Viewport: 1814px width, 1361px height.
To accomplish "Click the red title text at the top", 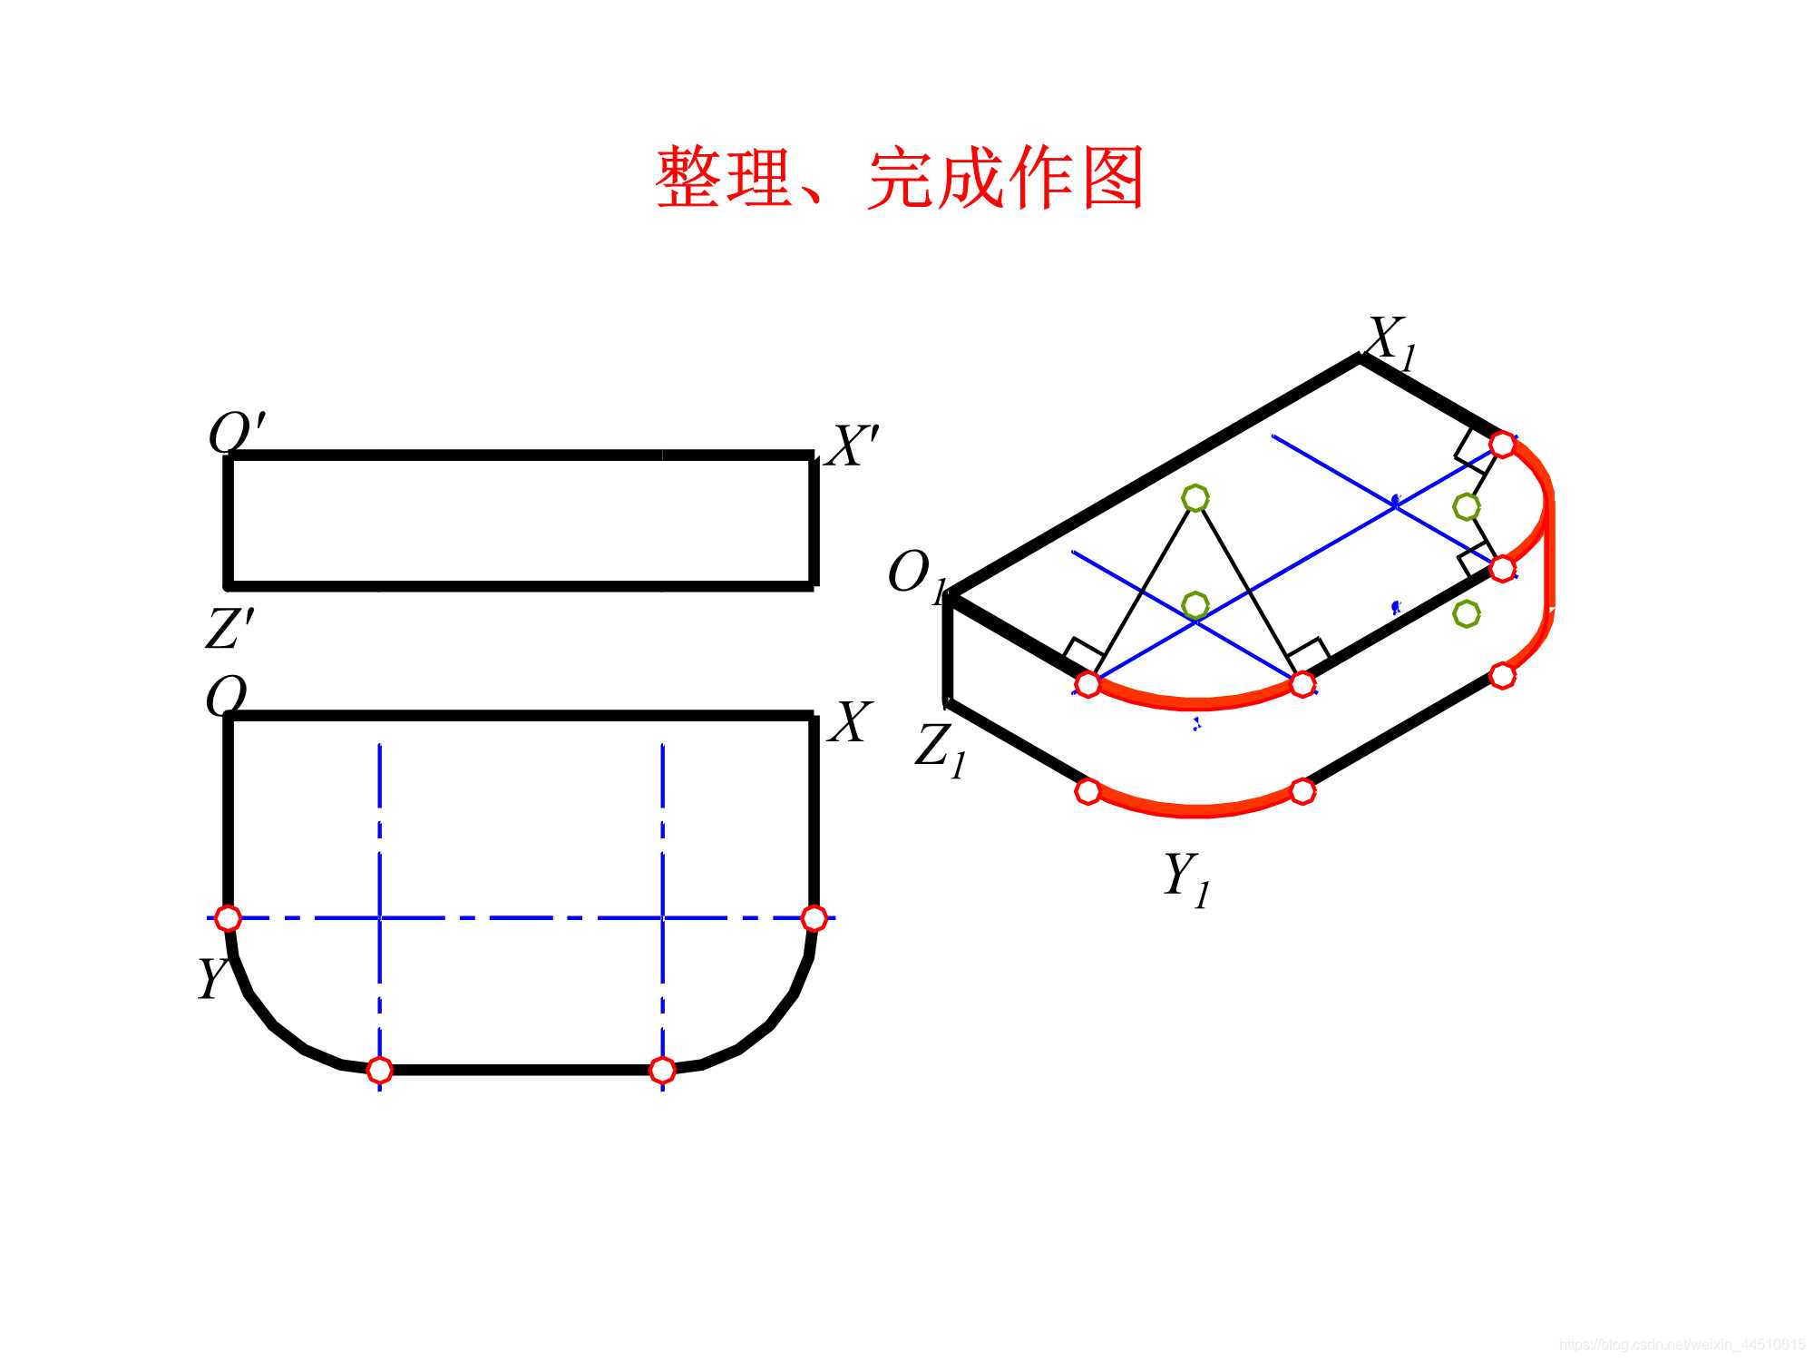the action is tap(899, 178).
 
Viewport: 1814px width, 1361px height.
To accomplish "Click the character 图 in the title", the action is tap(1113, 178).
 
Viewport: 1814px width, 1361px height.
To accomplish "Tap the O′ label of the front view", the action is tap(236, 433).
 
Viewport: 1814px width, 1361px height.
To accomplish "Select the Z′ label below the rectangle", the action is tap(229, 628).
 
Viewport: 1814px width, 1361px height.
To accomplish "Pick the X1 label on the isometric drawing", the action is tap(1390, 342).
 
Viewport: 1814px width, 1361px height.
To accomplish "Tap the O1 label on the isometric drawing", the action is tap(916, 575).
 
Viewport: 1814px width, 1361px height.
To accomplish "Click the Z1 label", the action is tap(941, 749).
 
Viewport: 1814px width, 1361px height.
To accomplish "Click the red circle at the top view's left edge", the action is tap(228, 918).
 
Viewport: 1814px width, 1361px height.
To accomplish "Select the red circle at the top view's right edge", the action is tap(814, 918).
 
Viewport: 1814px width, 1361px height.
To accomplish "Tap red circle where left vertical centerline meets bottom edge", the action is tap(380, 1071).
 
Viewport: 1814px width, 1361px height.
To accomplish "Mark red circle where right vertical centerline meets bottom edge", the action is tap(663, 1071).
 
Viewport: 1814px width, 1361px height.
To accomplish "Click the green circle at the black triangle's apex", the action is tap(1195, 497).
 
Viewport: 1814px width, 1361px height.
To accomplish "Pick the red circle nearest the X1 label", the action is tap(1502, 445).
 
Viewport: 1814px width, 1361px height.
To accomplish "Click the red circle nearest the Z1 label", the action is tap(1087, 791).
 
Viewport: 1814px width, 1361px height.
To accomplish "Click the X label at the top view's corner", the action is tap(850, 723).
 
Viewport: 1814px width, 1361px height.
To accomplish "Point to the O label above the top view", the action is tap(226, 697).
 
